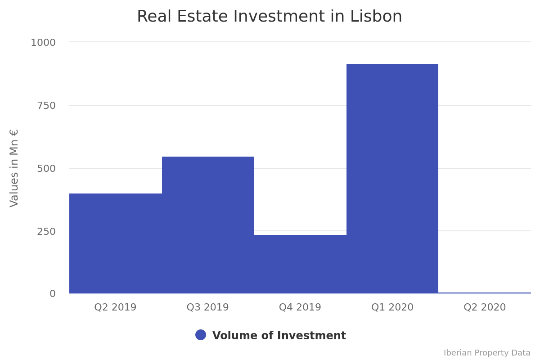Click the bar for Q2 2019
116,243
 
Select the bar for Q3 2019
208,225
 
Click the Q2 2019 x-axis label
115,307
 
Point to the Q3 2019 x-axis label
207,307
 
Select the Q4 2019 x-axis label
300,307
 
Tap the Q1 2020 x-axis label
392,307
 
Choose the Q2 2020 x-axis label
485,307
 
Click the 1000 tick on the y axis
43,43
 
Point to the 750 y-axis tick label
46,106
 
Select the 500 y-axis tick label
46,169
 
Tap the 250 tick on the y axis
46,231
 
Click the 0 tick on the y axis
53,294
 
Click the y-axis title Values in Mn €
14,168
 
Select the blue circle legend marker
201,335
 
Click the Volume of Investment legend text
279,336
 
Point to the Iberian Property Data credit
487,353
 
